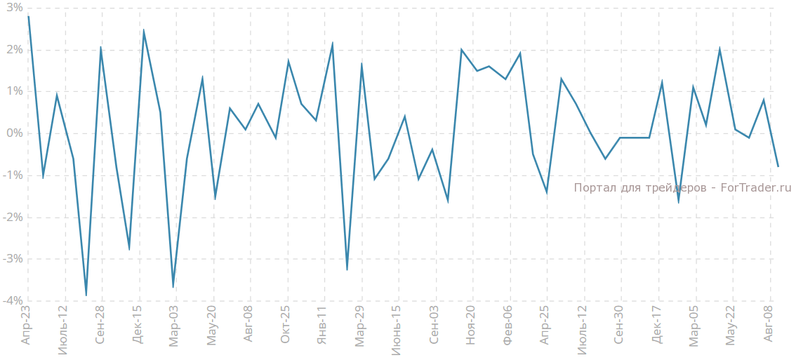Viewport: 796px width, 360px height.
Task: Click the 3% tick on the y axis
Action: point(13,8)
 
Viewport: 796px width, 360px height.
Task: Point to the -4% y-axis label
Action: point(11,301)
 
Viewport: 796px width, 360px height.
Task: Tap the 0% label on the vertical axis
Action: point(13,133)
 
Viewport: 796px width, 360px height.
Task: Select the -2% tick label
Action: point(11,217)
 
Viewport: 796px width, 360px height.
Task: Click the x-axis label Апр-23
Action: point(27,325)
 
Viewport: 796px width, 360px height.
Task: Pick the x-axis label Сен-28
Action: point(100,325)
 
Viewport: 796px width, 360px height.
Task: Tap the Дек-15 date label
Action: point(138,325)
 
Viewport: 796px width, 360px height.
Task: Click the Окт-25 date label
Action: point(286,325)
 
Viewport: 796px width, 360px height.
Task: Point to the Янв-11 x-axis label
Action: point(322,325)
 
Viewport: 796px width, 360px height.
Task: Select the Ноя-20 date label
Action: point(471,325)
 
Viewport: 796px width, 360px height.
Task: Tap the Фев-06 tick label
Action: point(508,325)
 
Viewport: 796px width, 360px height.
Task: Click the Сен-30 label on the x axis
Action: point(619,325)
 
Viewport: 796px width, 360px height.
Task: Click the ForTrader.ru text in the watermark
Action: point(756,188)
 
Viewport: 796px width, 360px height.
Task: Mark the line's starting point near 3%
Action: point(28,16)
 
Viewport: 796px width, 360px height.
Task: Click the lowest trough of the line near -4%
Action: point(86,295)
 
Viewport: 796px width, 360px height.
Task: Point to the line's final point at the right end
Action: point(778,166)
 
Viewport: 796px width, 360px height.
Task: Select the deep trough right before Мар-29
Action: point(347,269)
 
